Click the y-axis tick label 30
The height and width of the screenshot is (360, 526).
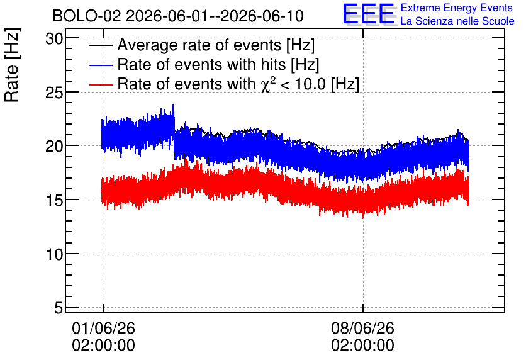click(x=54, y=39)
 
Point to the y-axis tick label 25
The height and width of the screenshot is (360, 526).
click(x=54, y=93)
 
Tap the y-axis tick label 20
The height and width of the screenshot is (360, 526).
click(x=54, y=146)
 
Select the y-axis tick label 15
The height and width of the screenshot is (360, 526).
click(x=54, y=200)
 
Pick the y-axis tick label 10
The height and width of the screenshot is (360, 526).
click(x=54, y=254)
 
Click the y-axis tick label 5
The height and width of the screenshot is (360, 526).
click(x=59, y=308)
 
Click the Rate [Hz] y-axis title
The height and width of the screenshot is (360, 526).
click(x=12, y=65)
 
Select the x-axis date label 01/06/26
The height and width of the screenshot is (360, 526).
click(x=103, y=328)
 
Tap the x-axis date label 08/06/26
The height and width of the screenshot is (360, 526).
click(x=362, y=328)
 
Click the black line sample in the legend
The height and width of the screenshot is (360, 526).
click(x=100, y=45)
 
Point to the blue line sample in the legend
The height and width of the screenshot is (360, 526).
click(x=100, y=65)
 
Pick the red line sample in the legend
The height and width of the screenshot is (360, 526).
click(x=100, y=84)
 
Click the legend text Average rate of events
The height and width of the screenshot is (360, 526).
click(x=199, y=45)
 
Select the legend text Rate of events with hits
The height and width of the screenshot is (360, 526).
click(x=201, y=64)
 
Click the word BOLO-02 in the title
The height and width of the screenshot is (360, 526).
click(x=87, y=16)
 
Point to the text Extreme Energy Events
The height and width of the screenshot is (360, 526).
click(x=457, y=8)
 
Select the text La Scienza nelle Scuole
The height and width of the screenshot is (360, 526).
click(x=457, y=21)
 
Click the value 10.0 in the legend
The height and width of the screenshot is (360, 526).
click(x=310, y=84)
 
